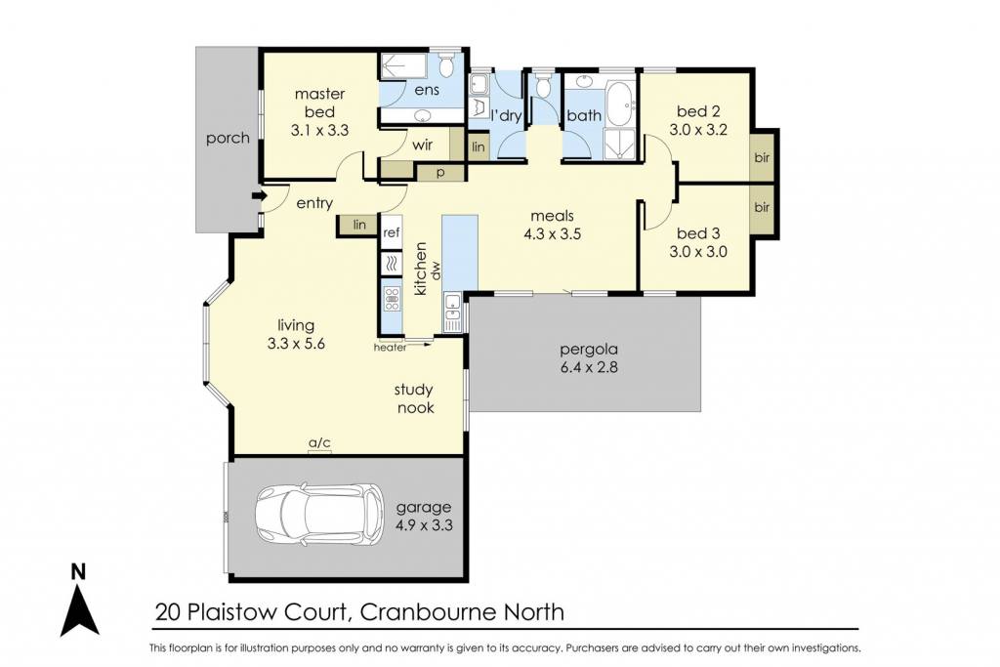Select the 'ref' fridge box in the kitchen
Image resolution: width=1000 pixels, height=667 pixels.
pyautogui.click(x=391, y=232)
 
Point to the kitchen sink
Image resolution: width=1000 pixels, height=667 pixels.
pyautogui.click(x=453, y=312)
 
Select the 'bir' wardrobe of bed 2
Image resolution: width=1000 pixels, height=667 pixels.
pyautogui.click(x=762, y=157)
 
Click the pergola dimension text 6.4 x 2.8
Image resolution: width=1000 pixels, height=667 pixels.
pyautogui.click(x=589, y=367)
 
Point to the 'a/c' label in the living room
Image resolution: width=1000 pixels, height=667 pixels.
pyautogui.click(x=319, y=442)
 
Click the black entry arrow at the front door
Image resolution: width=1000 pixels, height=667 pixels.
pyautogui.click(x=258, y=195)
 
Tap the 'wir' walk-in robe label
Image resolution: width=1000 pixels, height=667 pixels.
pyautogui.click(x=422, y=146)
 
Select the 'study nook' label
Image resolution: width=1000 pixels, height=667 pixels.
pyautogui.click(x=414, y=398)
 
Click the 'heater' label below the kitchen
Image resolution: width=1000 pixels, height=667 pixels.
pyautogui.click(x=391, y=348)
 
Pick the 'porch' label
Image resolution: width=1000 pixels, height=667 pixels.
pyautogui.click(x=228, y=139)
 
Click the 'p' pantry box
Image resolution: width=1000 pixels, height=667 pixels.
pyautogui.click(x=440, y=172)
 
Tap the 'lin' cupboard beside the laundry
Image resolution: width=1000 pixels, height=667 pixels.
pyautogui.click(x=479, y=146)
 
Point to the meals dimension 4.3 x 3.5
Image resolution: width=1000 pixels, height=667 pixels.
pyautogui.click(x=553, y=234)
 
